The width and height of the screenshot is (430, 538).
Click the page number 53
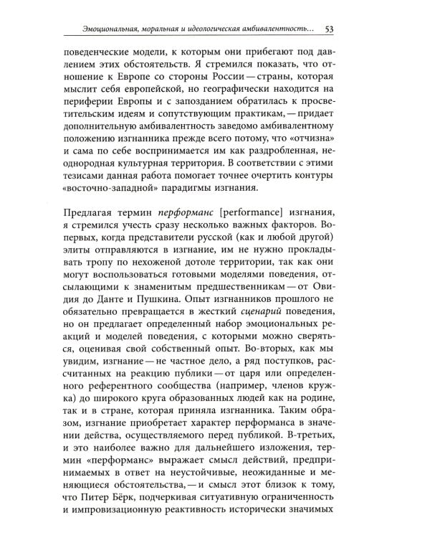pyautogui.click(x=331, y=29)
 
